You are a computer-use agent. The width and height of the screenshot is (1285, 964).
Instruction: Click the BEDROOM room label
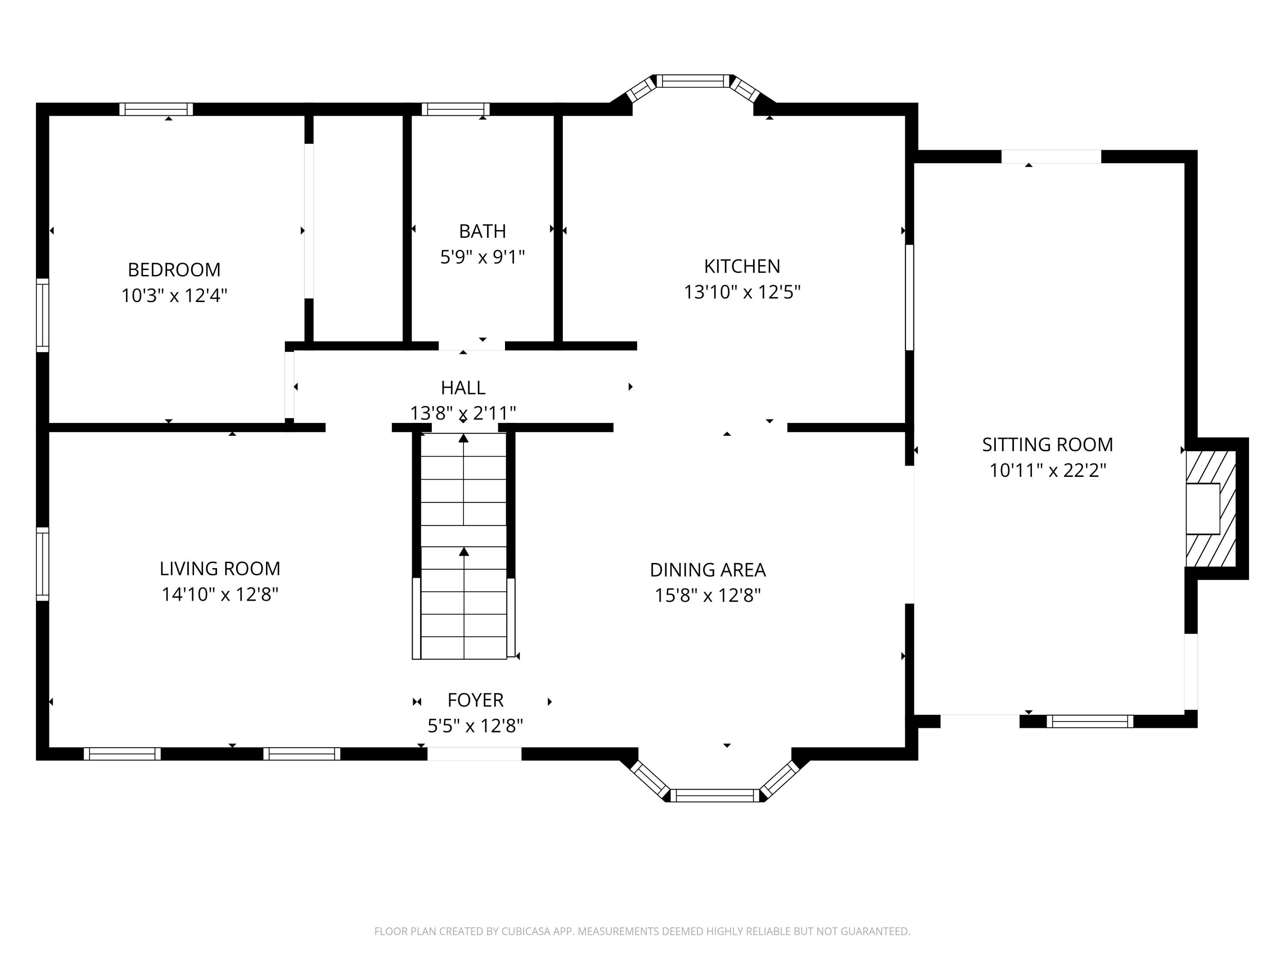point(174,269)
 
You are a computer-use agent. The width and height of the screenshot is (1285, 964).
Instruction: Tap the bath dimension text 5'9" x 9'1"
point(482,257)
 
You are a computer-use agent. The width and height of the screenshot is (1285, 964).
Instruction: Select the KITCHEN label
point(742,266)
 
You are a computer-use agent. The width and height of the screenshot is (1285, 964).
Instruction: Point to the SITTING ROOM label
point(1047,445)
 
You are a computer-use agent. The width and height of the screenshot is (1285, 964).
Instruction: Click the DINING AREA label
point(708,570)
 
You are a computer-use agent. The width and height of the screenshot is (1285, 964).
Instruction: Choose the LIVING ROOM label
point(220,568)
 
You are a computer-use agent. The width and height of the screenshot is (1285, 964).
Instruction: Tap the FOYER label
point(475,700)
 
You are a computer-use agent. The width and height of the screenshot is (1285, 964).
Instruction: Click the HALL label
point(463,388)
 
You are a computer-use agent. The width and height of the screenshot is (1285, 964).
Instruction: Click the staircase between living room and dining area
point(463,546)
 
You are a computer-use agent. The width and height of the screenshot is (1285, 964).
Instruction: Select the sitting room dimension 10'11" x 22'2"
point(1047,470)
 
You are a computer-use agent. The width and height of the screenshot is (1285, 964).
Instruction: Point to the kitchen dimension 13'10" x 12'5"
point(742,292)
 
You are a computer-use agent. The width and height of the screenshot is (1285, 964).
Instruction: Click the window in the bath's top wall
point(455,109)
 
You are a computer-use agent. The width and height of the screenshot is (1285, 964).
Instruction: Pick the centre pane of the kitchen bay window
point(693,81)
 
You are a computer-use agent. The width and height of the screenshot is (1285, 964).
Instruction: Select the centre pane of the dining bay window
point(715,796)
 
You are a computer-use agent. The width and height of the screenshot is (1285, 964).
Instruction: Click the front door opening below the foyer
point(475,754)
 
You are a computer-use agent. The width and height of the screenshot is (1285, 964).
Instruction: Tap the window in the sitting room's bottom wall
point(1090,721)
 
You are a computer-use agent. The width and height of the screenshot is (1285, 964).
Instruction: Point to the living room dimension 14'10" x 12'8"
point(220,594)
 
